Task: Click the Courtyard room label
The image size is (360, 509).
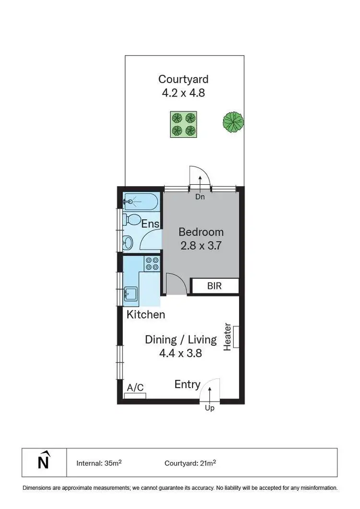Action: [x=183, y=79]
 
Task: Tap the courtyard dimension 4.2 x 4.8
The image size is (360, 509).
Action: [x=183, y=93]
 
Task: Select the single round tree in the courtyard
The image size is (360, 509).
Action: [x=233, y=122]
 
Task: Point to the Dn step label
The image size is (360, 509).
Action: [x=200, y=197]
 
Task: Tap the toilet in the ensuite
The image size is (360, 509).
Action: [x=131, y=220]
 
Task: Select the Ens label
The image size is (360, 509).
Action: [x=150, y=224]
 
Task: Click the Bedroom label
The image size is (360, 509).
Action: [x=201, y=232]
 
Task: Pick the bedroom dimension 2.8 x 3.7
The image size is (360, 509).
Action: [x=201, y=246]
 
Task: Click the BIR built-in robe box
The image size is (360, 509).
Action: [x=215, y=286]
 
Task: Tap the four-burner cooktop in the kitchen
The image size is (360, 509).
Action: [x=152, y=263]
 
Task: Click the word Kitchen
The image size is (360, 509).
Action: [x=146, y=315]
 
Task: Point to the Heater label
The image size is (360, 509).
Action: [x=228, y=337]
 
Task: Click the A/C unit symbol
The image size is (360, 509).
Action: [x=135, y=395]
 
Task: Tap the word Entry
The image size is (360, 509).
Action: [x=187, y=384]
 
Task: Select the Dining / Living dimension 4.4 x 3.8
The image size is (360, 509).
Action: [x=180, y=354]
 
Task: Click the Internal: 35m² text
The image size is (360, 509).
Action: [x=99, y=463]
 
